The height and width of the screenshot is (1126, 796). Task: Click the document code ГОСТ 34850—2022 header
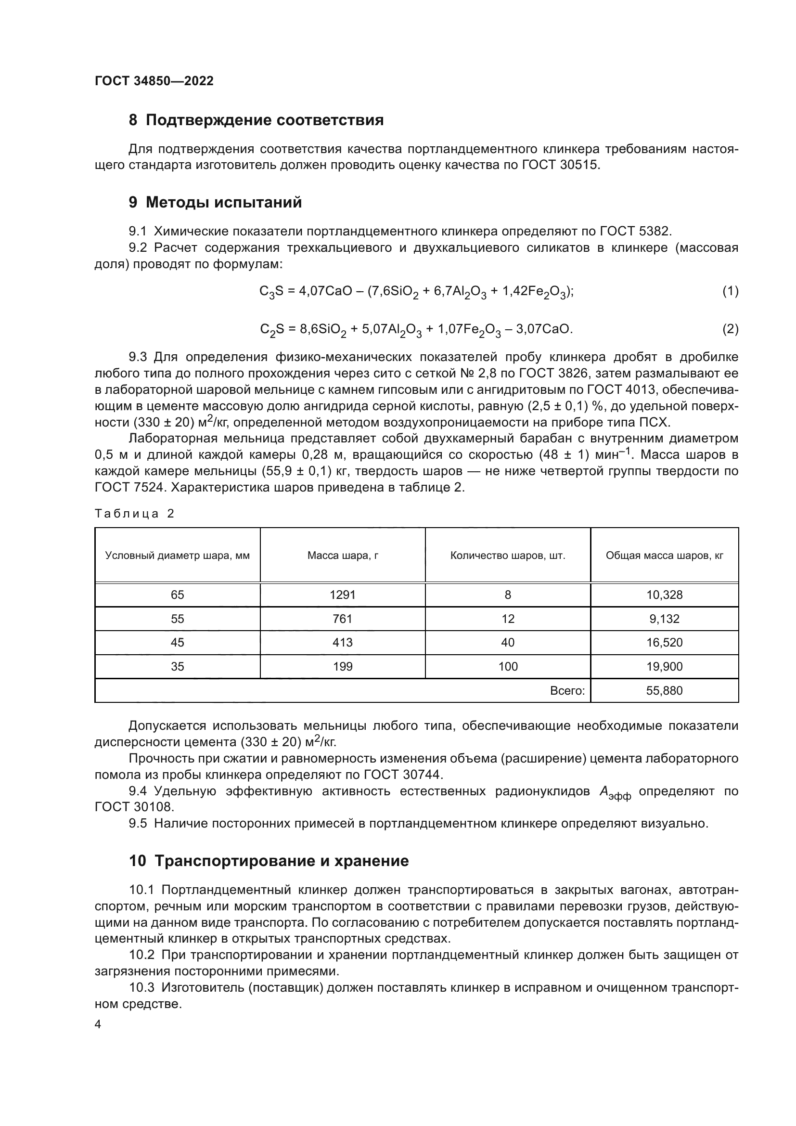154,81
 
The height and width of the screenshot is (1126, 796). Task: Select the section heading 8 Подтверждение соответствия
256,120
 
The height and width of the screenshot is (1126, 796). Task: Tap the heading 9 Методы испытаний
215,202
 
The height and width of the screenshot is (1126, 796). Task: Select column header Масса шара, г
343,556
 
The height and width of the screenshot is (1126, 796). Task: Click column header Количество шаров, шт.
508,556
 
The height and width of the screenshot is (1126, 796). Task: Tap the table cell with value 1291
343,595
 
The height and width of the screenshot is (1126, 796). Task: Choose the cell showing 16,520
664,643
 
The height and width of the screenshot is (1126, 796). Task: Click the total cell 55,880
664,690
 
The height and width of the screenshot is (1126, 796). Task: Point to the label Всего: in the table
567,690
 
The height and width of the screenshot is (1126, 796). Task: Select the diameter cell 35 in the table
178,666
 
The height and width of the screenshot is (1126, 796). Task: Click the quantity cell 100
508,666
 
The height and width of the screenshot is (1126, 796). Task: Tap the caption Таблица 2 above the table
134,514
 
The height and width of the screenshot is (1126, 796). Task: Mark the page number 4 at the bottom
98,1024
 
